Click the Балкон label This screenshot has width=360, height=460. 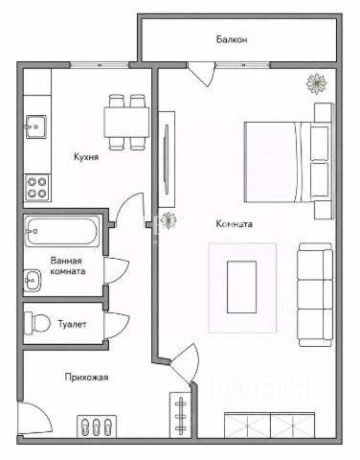pyautogui.click(x=232, y=39)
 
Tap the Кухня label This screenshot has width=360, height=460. pyautogui.click(x=86, y=157)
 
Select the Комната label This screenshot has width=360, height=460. pyautogui.click(x=235, y=224)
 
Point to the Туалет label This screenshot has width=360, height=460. pyautogui.click(x=72, y=324)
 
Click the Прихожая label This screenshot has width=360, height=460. pyautogui.click(x=86, y=378)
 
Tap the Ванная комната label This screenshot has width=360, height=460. pyautogui.click(x=68, y=265)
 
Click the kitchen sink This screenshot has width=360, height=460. pyautogui.click(x=36, y=126)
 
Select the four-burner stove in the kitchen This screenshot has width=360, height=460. pyautogui.click(x=37, y=188)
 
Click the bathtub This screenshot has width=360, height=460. pyautogui.click(x=62, y=232)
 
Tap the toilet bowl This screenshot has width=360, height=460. pyautogui.click(x=37, y=323)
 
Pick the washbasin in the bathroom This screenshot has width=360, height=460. pyautogui.click(x=33, y=280)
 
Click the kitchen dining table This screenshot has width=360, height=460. pyautogui.click(x=126, y=123)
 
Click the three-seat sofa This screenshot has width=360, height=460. pyautogui.click(x=315, y=295)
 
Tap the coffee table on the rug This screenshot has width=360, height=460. pyautogui.click(x=241, y=287)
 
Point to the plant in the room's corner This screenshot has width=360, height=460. pyautogui.click(x=317, y=83)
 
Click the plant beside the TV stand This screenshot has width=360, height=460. pyautogui.click(x=168, y=220)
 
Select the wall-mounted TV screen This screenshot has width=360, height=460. pyautogui.click(x=167, y=159)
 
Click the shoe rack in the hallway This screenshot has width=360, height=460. pyautogui.click(x=97, y=426)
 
